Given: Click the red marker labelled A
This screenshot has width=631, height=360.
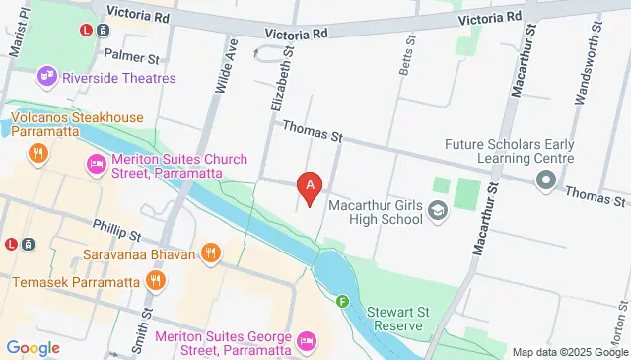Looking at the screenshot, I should (311, 184).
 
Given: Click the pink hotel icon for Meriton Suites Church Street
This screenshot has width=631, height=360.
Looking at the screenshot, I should (97, 164).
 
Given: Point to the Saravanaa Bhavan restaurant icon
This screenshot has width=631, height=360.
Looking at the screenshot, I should (210, 253).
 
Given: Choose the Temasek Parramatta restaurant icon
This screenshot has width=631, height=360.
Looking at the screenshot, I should (153, 282).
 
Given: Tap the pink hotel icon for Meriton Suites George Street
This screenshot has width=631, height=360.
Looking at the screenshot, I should (307, 340).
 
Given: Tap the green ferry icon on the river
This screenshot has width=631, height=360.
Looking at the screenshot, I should (342, 302).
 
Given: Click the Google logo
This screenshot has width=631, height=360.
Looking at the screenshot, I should (33, 347).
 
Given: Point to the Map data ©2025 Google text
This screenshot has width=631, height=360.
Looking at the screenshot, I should (569, 352).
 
